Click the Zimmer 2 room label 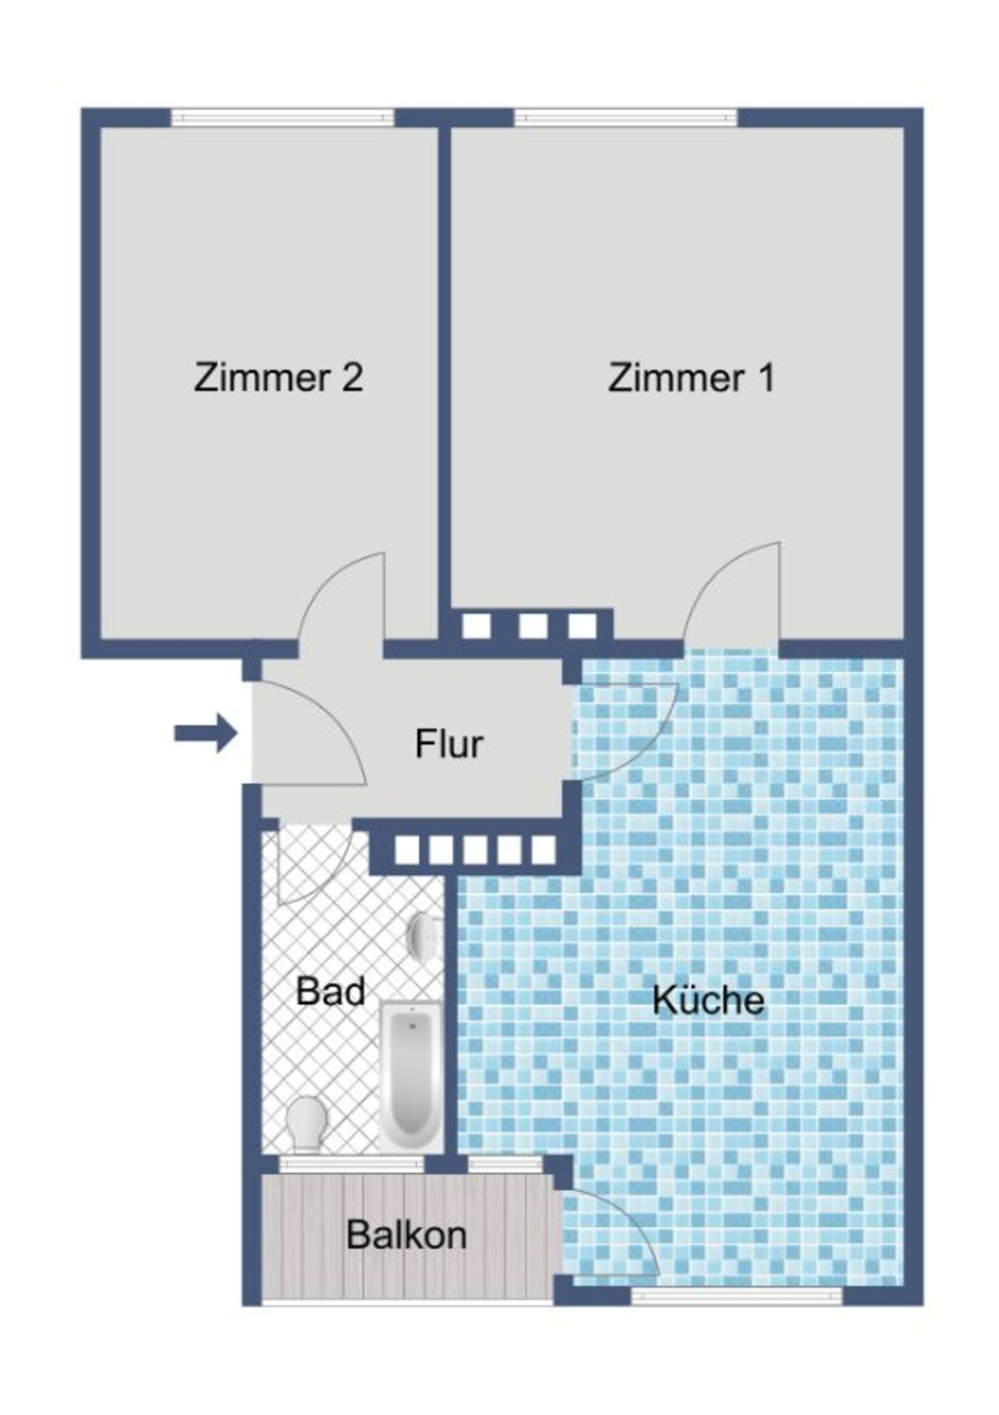[278, 377]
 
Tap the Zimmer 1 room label [691, 377]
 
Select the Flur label [449, 743]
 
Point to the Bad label [331, 990]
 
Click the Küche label [708, 998]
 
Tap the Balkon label [407, 1234]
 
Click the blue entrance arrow [206, 732]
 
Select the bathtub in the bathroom [412, 1073]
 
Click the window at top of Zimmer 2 [283, 118]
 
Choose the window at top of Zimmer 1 [625, 118]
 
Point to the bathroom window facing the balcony [352, 1163]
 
